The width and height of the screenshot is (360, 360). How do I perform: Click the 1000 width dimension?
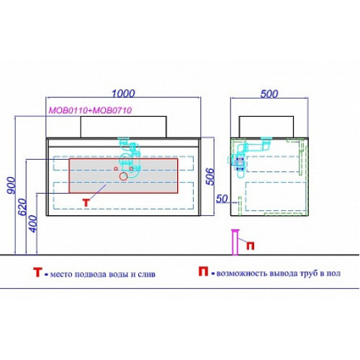point(124,94)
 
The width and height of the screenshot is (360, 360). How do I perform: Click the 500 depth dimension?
point(269,94)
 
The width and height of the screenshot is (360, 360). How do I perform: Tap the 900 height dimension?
point(12,186)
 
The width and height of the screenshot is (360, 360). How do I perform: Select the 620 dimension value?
point(22,207)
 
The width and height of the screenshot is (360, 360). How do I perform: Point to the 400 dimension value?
point(33,224)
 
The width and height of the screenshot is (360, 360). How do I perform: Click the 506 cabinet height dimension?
point(210,177)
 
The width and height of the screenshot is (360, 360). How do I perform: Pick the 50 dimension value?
point(222,199)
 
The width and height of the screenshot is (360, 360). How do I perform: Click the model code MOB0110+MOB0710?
point(90,110)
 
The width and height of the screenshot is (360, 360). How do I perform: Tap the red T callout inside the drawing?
point(86,203)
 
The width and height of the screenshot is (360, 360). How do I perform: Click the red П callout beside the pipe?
point(251,246)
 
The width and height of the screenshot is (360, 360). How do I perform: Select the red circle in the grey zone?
point(123,176)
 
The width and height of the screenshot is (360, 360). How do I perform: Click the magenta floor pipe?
point(235,242)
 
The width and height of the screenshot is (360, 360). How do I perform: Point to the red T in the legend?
point(37,272)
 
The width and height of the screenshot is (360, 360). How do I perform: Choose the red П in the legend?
point(203,271)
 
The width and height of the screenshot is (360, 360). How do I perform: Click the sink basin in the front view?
point(123,127)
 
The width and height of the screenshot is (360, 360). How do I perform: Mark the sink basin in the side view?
point(266,127)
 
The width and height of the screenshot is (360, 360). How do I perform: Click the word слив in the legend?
point(146,274)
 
